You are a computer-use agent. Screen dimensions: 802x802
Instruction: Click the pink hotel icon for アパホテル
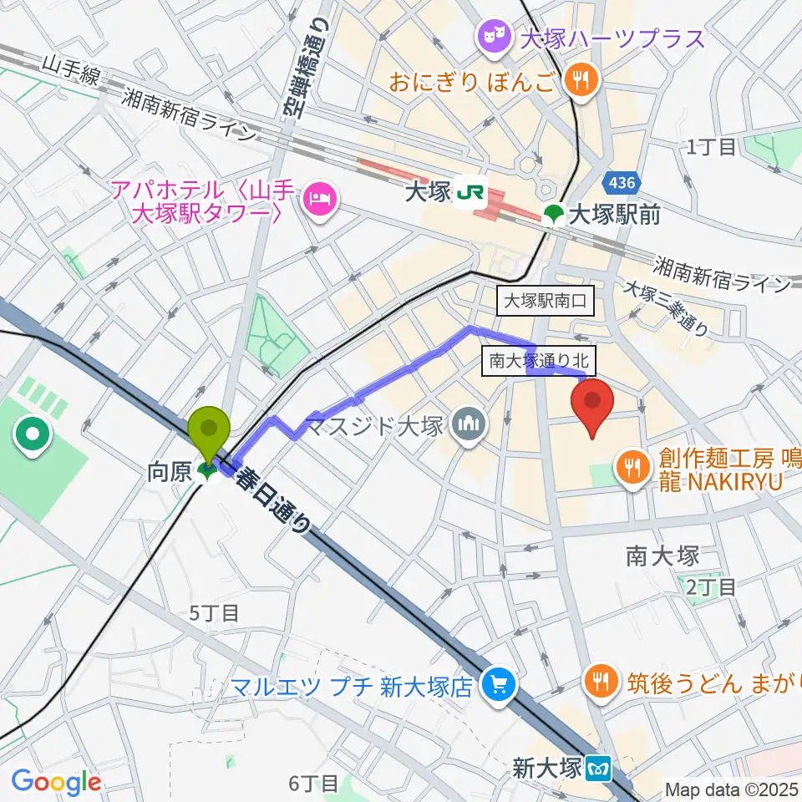point(318,198)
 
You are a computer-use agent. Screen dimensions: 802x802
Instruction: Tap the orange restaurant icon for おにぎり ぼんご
point(578,80)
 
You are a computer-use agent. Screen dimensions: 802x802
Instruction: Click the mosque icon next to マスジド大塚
point(466,427)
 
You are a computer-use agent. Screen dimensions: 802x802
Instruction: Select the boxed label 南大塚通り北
point(539,361)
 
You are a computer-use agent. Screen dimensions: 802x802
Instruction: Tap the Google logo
point(56,782)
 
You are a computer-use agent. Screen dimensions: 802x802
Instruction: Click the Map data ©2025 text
point(732,789)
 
